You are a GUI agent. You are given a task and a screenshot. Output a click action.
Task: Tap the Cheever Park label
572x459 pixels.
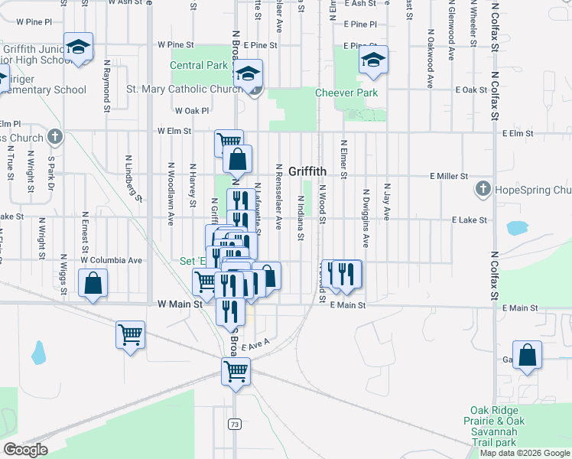tap(346, 93)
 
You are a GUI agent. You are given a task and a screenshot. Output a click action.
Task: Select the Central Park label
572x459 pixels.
tap(199, 66)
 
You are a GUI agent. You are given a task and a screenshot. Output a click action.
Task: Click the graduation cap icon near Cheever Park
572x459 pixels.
tap(373, 60)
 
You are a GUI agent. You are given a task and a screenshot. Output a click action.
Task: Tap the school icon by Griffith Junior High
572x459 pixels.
tap(78, 47)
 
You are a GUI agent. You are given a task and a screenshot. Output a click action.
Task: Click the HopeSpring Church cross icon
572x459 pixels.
tap(483, 188)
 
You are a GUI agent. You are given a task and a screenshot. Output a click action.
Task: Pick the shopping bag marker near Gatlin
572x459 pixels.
tap(527, 356)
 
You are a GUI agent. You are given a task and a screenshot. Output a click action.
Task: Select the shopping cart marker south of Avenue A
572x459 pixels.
tap(236, 373)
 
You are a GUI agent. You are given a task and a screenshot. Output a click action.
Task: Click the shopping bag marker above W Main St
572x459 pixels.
tap(93, 283)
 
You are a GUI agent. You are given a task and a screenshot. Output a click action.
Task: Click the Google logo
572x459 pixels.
tap(25, 449)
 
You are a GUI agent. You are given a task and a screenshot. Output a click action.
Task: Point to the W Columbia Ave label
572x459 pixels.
tap(113, 260)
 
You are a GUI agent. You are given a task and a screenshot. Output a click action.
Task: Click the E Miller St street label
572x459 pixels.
tap(449, 176)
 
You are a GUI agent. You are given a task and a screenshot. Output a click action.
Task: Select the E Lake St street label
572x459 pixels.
tap(469, 220)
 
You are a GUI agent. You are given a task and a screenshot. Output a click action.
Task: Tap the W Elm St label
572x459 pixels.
tap(174, 131)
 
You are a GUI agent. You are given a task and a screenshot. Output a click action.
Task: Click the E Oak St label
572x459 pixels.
tap(470, 90)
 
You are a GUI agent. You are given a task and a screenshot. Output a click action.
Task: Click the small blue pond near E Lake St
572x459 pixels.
tap(517, 228)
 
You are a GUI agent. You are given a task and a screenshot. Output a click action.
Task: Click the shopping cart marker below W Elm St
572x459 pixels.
tap(229, 141)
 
